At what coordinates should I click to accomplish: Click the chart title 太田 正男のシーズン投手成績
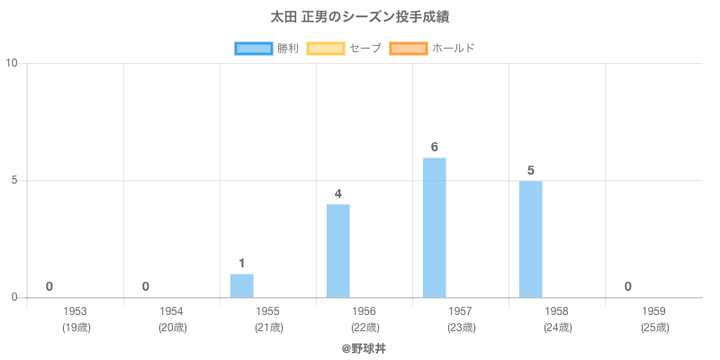point(360,17)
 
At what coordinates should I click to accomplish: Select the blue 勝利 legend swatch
point(253,48)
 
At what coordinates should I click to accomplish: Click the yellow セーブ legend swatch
point(325,48)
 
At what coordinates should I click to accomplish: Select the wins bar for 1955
point(242,285)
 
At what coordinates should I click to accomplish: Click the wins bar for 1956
point(338,251)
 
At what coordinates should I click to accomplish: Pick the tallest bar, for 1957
point(435,228)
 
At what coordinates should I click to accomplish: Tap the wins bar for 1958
point(531,239)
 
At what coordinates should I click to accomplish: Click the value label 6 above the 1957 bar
point(435,148)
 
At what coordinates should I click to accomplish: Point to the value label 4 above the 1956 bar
point(338,194)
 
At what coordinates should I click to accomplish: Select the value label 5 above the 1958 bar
point(531,171)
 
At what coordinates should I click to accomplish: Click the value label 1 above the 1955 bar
point(242,264)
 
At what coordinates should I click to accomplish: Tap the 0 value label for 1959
point(627,287)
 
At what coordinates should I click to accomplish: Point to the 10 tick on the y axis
point(13,64)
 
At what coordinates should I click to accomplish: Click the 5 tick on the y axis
point(15,181)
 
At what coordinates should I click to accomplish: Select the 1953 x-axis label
point(76,311)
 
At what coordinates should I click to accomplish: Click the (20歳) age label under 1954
point(172,328)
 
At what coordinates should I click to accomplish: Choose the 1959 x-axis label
point(653,311)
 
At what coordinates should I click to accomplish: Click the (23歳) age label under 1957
point(461,328)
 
